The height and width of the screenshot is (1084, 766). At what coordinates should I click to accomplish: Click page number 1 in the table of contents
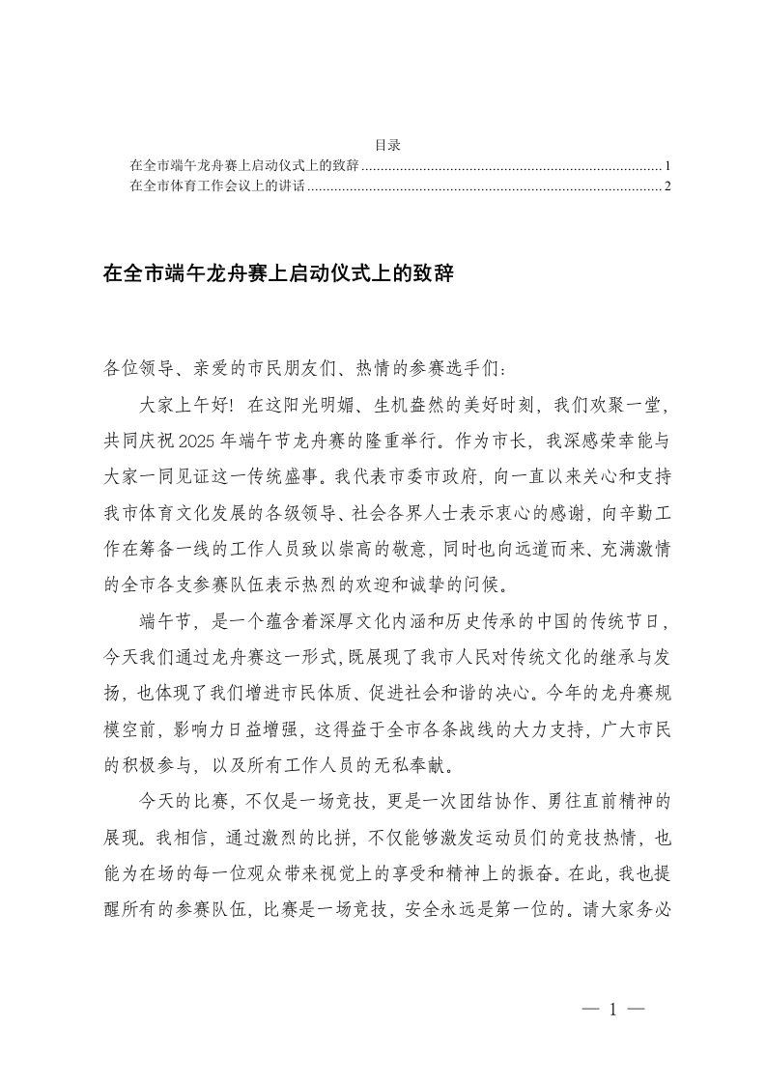tap(668, 166)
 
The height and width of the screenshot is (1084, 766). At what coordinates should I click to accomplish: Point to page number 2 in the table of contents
tap(668, 186)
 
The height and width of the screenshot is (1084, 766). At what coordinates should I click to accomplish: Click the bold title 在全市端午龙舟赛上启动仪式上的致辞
tap(278, 274)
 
